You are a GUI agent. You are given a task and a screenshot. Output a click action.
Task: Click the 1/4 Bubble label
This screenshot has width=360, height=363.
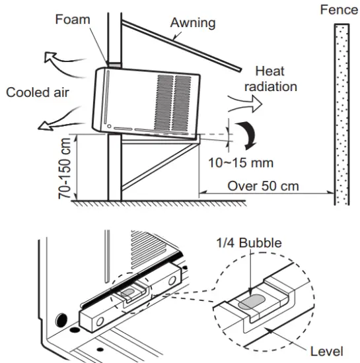[250, 243]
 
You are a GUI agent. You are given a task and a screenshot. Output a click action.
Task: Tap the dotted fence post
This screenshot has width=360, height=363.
[341, 112]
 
